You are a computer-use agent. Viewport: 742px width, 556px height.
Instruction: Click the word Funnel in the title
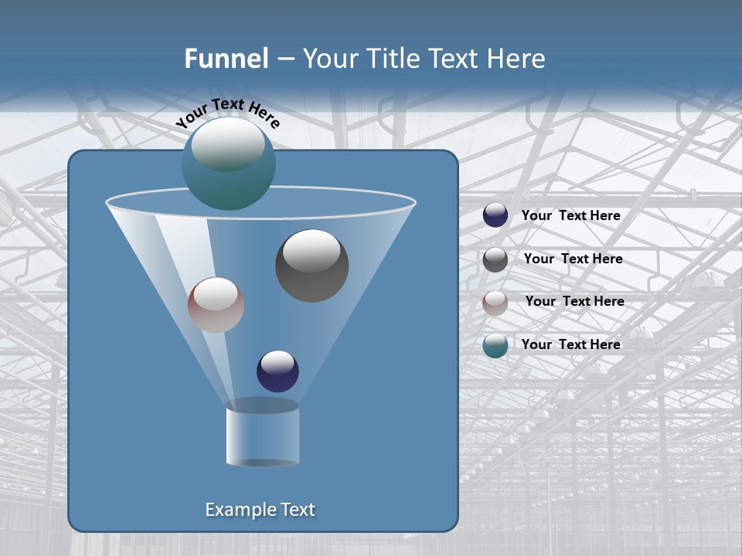(226, 59)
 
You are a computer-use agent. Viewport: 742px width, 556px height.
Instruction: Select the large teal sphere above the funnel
(229, 164)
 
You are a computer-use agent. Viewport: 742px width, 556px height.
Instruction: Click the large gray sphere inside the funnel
(312, 266)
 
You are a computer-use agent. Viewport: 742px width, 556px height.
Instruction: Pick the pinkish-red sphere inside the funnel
(216, 305)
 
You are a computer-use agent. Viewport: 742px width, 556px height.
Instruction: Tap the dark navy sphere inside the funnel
(277, 371)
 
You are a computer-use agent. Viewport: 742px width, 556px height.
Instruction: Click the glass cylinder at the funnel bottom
(262, 434)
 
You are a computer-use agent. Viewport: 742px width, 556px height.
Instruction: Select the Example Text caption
(260, 510)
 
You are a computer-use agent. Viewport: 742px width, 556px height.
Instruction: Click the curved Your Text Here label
(227, 113)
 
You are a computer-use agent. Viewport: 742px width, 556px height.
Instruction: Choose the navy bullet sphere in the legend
(495, 215)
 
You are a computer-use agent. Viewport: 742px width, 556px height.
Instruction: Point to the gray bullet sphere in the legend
(495, 259)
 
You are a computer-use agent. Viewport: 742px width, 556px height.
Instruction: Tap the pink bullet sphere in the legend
(495, 303)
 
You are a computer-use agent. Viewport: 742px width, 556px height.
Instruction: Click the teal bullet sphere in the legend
(495, 345)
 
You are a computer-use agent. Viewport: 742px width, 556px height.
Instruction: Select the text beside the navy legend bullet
(570, 216)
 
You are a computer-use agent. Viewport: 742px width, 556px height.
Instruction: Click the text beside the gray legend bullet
(573, 259)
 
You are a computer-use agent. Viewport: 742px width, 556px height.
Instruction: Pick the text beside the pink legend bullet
(574, 302)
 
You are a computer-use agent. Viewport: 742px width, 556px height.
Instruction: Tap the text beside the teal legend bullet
(570, 344)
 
